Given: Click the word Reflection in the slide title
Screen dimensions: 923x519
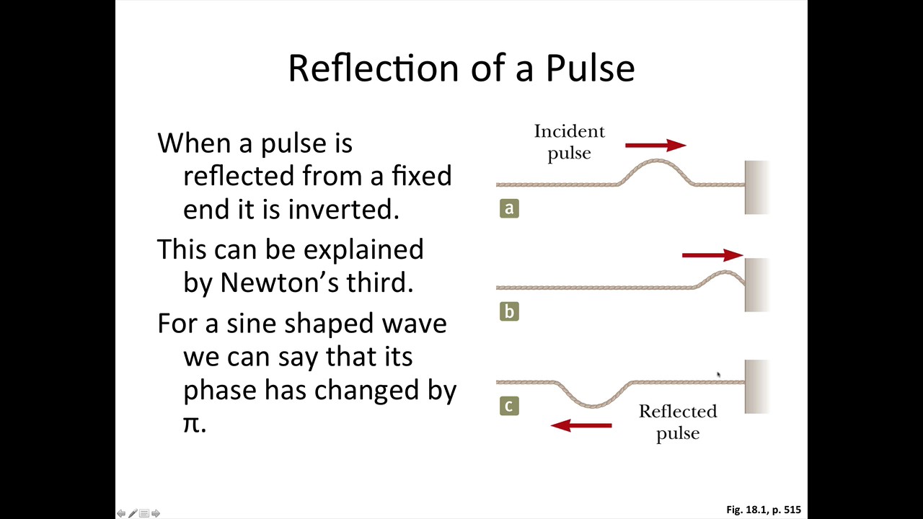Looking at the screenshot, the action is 374,68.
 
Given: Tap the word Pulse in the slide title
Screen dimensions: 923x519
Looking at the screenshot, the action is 590,68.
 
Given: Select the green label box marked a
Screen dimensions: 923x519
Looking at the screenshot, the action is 509,208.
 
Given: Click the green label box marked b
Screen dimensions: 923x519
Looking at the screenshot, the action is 509,311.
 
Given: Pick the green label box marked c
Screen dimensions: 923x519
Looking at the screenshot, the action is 509,406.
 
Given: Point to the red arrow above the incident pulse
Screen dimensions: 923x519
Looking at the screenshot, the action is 655,146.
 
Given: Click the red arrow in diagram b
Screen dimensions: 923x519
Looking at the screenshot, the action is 712,254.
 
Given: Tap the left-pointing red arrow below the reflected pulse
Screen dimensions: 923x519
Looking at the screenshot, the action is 581,425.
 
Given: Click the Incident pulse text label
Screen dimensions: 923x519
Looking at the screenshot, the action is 569,142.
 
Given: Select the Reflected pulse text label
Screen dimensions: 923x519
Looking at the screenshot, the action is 678,422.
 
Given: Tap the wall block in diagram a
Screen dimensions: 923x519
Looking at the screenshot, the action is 756,187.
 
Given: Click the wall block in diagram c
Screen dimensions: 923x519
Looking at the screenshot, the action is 756,386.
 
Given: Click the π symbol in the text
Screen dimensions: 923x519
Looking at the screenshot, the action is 191,423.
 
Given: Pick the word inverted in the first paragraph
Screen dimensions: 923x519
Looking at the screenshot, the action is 343,209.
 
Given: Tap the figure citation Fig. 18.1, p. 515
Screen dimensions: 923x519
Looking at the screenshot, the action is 764,510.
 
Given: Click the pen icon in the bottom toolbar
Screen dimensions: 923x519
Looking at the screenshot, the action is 133,513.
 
